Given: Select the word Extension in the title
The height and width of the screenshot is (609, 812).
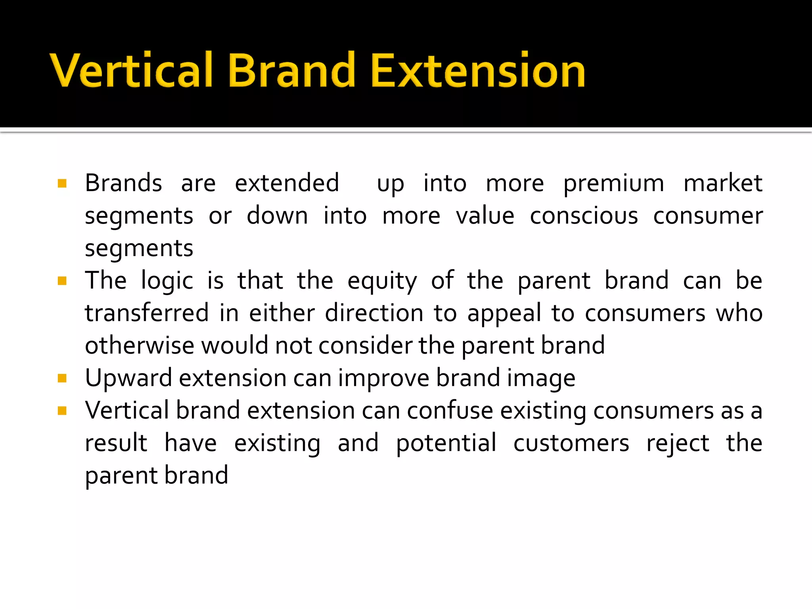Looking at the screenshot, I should click(x=477, y=71).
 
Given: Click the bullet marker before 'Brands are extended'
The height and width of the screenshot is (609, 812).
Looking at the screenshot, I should click(x=62, y=183).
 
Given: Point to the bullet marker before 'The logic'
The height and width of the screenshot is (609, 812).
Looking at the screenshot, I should click(x=62, y=281).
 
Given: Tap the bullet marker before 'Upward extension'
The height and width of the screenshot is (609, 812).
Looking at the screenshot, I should click(x=62, y=378).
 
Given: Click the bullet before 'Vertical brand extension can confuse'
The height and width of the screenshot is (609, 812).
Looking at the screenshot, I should click(x=62, y=410).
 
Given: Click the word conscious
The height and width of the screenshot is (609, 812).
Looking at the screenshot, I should click(x=584, y=216).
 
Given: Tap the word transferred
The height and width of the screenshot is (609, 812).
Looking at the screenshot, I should click(x=147, y=313).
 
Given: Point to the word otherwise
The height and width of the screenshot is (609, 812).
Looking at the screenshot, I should click(x=140, y=345).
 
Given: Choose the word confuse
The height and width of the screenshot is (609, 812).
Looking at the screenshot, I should click(x=450, y=410).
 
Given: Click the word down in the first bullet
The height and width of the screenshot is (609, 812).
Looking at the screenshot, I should click(x=277, y=216).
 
